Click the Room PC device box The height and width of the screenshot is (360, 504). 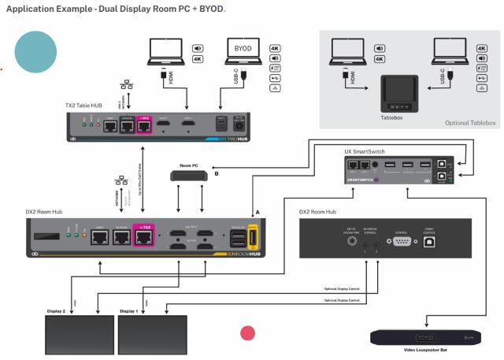[x=186, y=175]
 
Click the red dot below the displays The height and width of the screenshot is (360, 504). [x=247, y=332]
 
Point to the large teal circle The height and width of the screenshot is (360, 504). [x=35, y=50]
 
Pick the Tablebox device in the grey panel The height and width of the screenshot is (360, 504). [x=403, y=94]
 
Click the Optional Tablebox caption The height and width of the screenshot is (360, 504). [x=469, y=122]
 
